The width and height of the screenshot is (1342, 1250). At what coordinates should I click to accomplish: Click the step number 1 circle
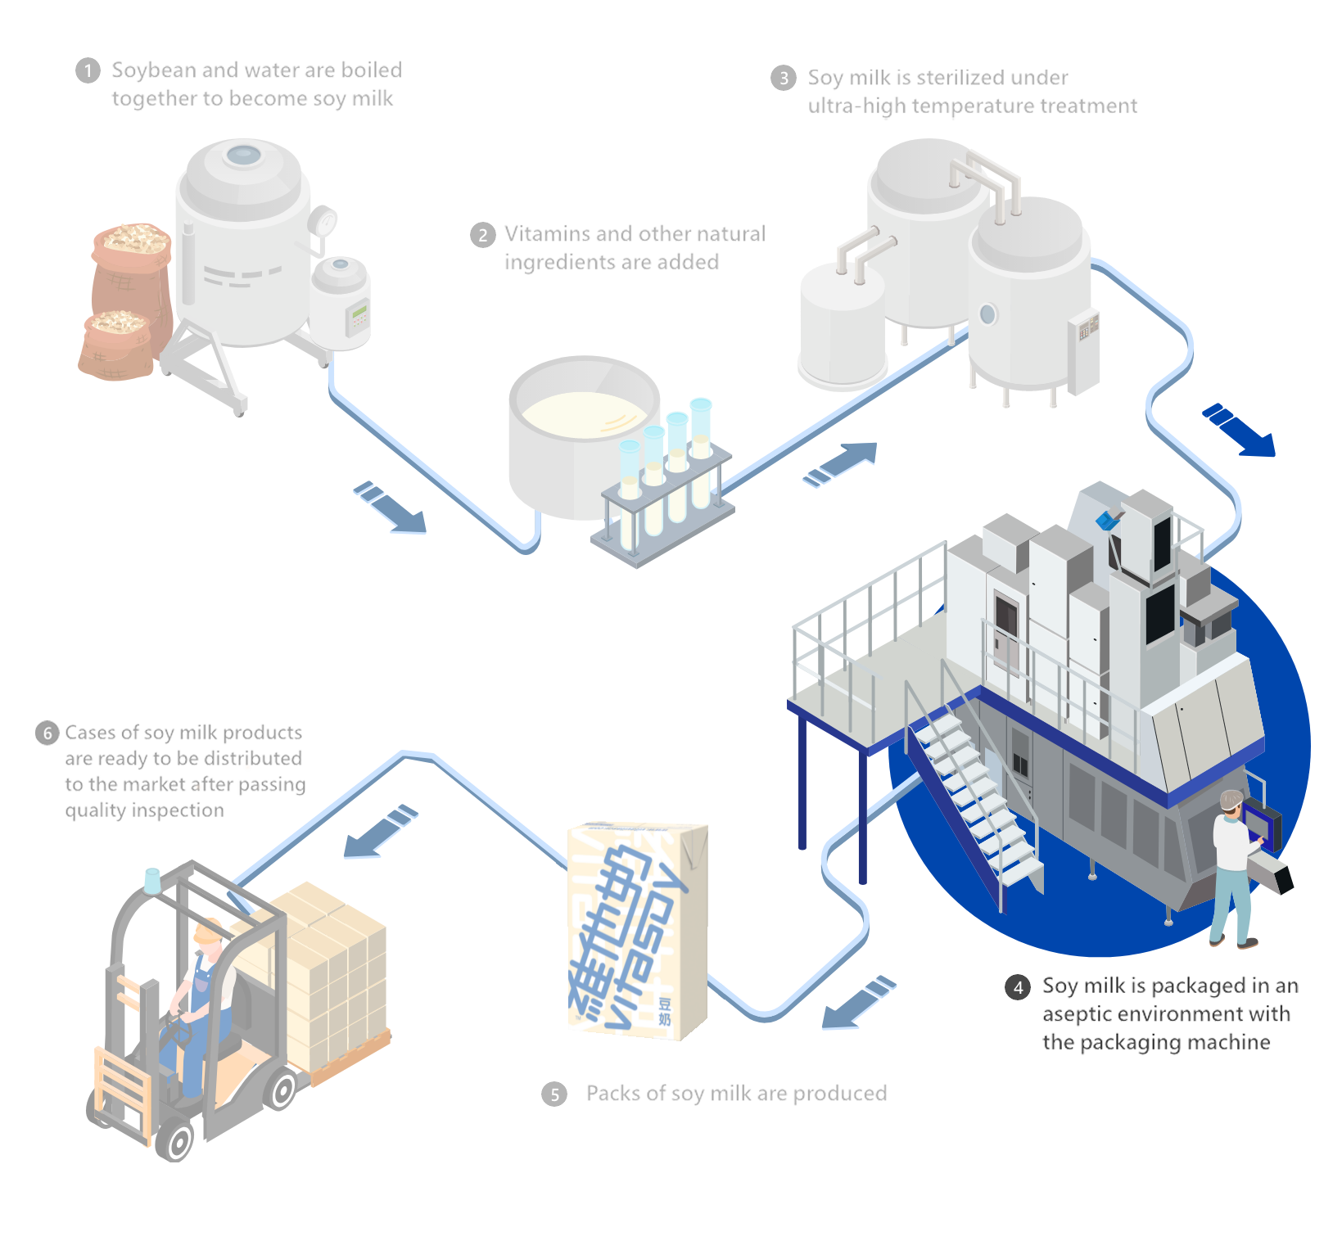coord(88,71)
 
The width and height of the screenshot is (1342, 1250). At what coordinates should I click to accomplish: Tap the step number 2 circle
coord(482,236)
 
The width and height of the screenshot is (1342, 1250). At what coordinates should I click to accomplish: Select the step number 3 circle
coord(784,79)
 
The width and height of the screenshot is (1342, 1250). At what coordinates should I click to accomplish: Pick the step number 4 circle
coord(1018,987)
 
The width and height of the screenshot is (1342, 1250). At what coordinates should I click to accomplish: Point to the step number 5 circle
coord(554,1094)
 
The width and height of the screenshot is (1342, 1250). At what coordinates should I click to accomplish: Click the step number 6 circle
coord(47,733)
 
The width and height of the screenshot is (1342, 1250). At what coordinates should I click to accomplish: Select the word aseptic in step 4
coord(1076,1015)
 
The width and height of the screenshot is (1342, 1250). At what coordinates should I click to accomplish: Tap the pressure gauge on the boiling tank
coord(323,221)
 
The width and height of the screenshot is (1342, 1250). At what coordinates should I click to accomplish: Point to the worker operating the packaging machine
coord(1231,868)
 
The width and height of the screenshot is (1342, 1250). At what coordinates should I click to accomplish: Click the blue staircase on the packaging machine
coord(974,802)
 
